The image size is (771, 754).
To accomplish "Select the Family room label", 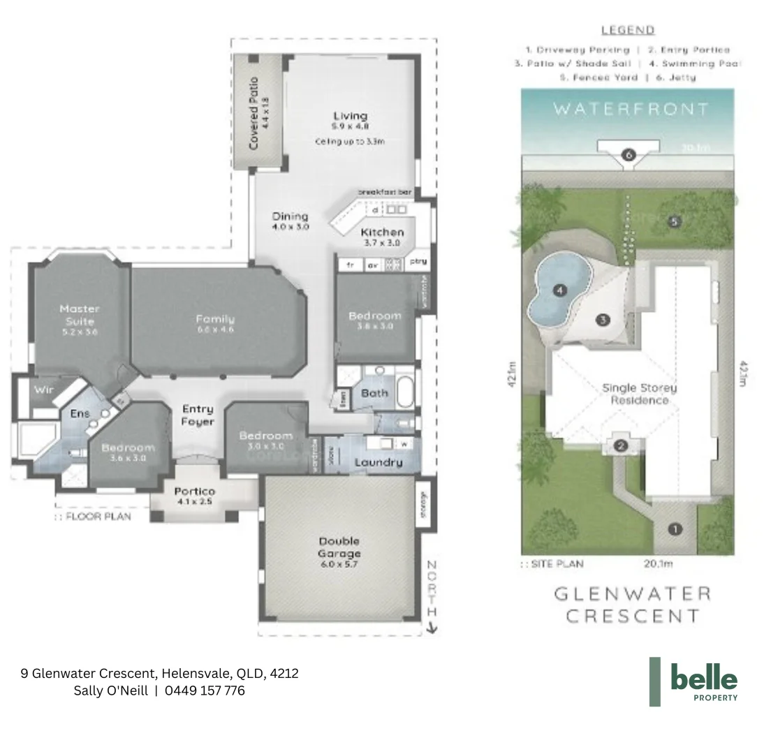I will pyautogui.click(x=215, y=323).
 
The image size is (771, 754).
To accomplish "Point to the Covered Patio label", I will pyautogui.click(x=256, y=112).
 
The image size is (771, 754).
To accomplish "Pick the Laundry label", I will pyautogui.click(x=378, y=462).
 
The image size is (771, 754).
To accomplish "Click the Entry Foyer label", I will pyautogui.click(x=198, y=415).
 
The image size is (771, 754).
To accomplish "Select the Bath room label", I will pyautogui.click(x=374, y=393).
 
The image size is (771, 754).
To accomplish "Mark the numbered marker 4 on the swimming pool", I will pyautogui.click(x=559, y=290).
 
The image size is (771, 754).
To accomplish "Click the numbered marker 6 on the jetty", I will pyautogui.click(x=628, y=155).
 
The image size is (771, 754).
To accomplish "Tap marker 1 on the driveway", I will pyautogui.click(x=675, y=528).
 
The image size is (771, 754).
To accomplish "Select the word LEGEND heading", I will pyautogui.click(x=628, y=30).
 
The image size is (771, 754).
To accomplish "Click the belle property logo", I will pyautogui.click(x=694, y=681).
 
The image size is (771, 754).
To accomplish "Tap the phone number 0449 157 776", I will pyautogui.click(x=205, y=690).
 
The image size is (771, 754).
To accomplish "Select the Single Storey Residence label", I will pyautogui.click(x=640, y=394).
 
